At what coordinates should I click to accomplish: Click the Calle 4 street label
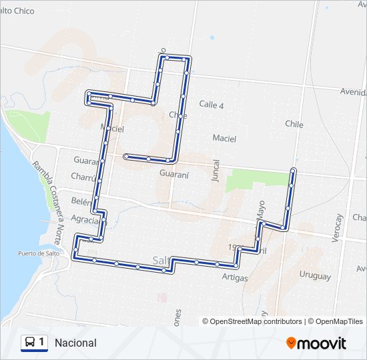coord(212,105)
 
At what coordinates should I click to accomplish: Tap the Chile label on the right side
coord(294,124)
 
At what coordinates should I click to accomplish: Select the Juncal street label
coord(216,171)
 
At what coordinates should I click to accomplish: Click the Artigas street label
coord(235,277)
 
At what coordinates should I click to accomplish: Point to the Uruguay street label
coord(315,276)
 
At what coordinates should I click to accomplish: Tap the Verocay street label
coord(338,228)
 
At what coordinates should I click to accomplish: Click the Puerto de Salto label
coord(39,253)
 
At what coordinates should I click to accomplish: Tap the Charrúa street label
coord(85,177)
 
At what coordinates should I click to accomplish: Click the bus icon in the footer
coord(30,343)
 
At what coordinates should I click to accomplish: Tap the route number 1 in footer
coord(42,343)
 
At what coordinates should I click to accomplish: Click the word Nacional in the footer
coord(76,343)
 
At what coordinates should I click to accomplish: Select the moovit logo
coord(316,343)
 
